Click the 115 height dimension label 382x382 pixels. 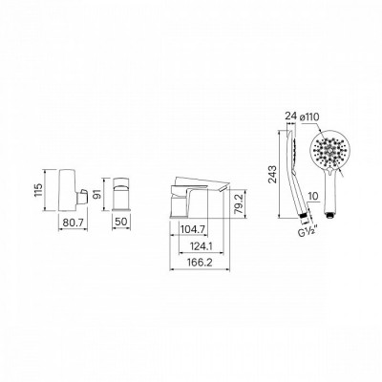click(x=38, y=190)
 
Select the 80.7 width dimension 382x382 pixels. click(x=74, y=223)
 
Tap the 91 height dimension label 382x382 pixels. click(x=97, y=194)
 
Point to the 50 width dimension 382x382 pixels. click(x=120, y=222)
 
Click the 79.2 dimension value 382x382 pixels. click(x=241, y=203)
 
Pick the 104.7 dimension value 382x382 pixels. click(x=193, y=229)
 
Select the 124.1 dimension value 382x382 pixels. click(x=201, y=246)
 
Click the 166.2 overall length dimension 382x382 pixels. click(x=200, y=263)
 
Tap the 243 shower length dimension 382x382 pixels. click(x=272, y=175)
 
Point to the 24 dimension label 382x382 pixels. click(x=291, y=117)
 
